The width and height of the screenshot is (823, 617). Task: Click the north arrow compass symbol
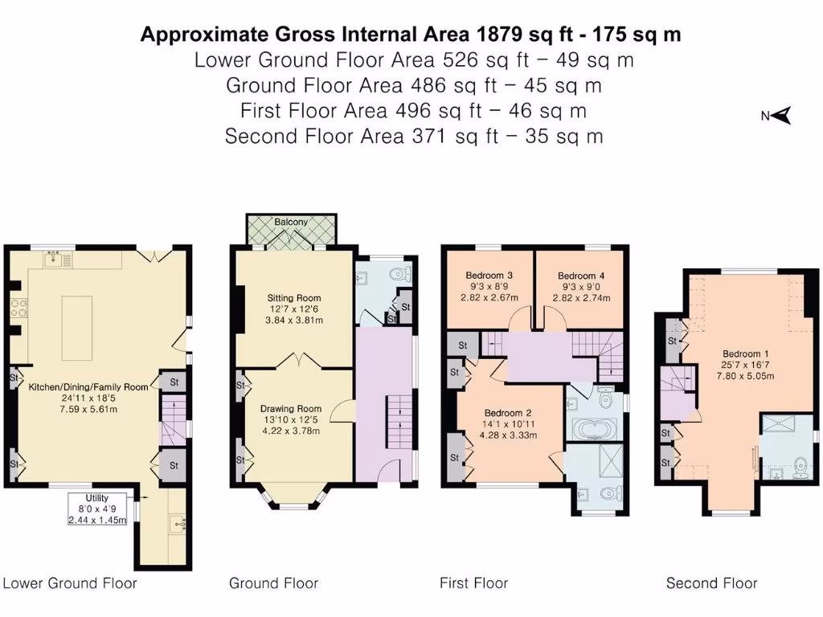tap(782, 116)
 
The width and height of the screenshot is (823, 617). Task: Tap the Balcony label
tap(291, 222)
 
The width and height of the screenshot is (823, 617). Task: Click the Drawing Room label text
tap(294, 408)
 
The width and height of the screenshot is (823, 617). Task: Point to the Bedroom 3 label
tap(489, 275)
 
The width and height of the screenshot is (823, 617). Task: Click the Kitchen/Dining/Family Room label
tap(88, 386)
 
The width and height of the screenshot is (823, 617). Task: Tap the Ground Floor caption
tap(273, 583)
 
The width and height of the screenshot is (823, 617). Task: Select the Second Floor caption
tap(711, 583)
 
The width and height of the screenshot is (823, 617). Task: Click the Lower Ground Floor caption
tap(70, 583)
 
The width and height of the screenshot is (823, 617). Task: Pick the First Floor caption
tap(473, 583)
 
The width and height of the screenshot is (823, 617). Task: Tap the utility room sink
tap(178, 524)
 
